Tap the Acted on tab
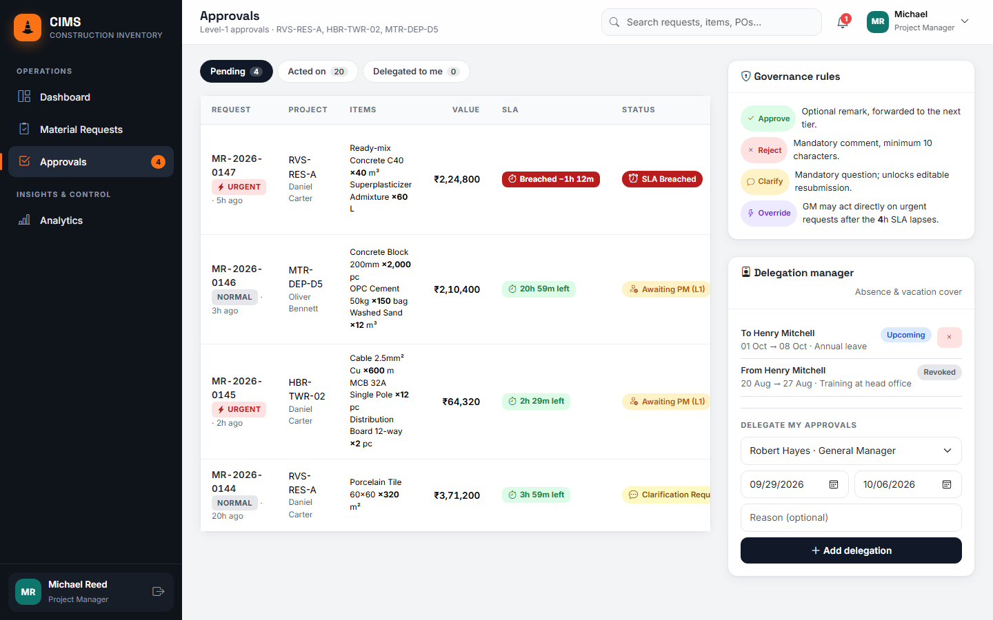coord(317,72)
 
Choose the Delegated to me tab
coord(416,72)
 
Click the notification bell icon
coord(843,22)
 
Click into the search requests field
coord(711,22)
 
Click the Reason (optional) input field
coord(851,517)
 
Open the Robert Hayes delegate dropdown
coord(851,451)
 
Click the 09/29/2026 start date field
coord(794,484)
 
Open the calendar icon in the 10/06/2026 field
coord(946,484)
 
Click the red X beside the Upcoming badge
coord(949,337)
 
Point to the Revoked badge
coord(939,372)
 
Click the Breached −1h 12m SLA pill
coord(550,179)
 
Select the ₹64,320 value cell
coord(461,402)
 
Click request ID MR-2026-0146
coord(237,276)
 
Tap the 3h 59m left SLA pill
coord(536,495)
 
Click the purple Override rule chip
coord(769,213)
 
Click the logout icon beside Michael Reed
coord(159,592)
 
